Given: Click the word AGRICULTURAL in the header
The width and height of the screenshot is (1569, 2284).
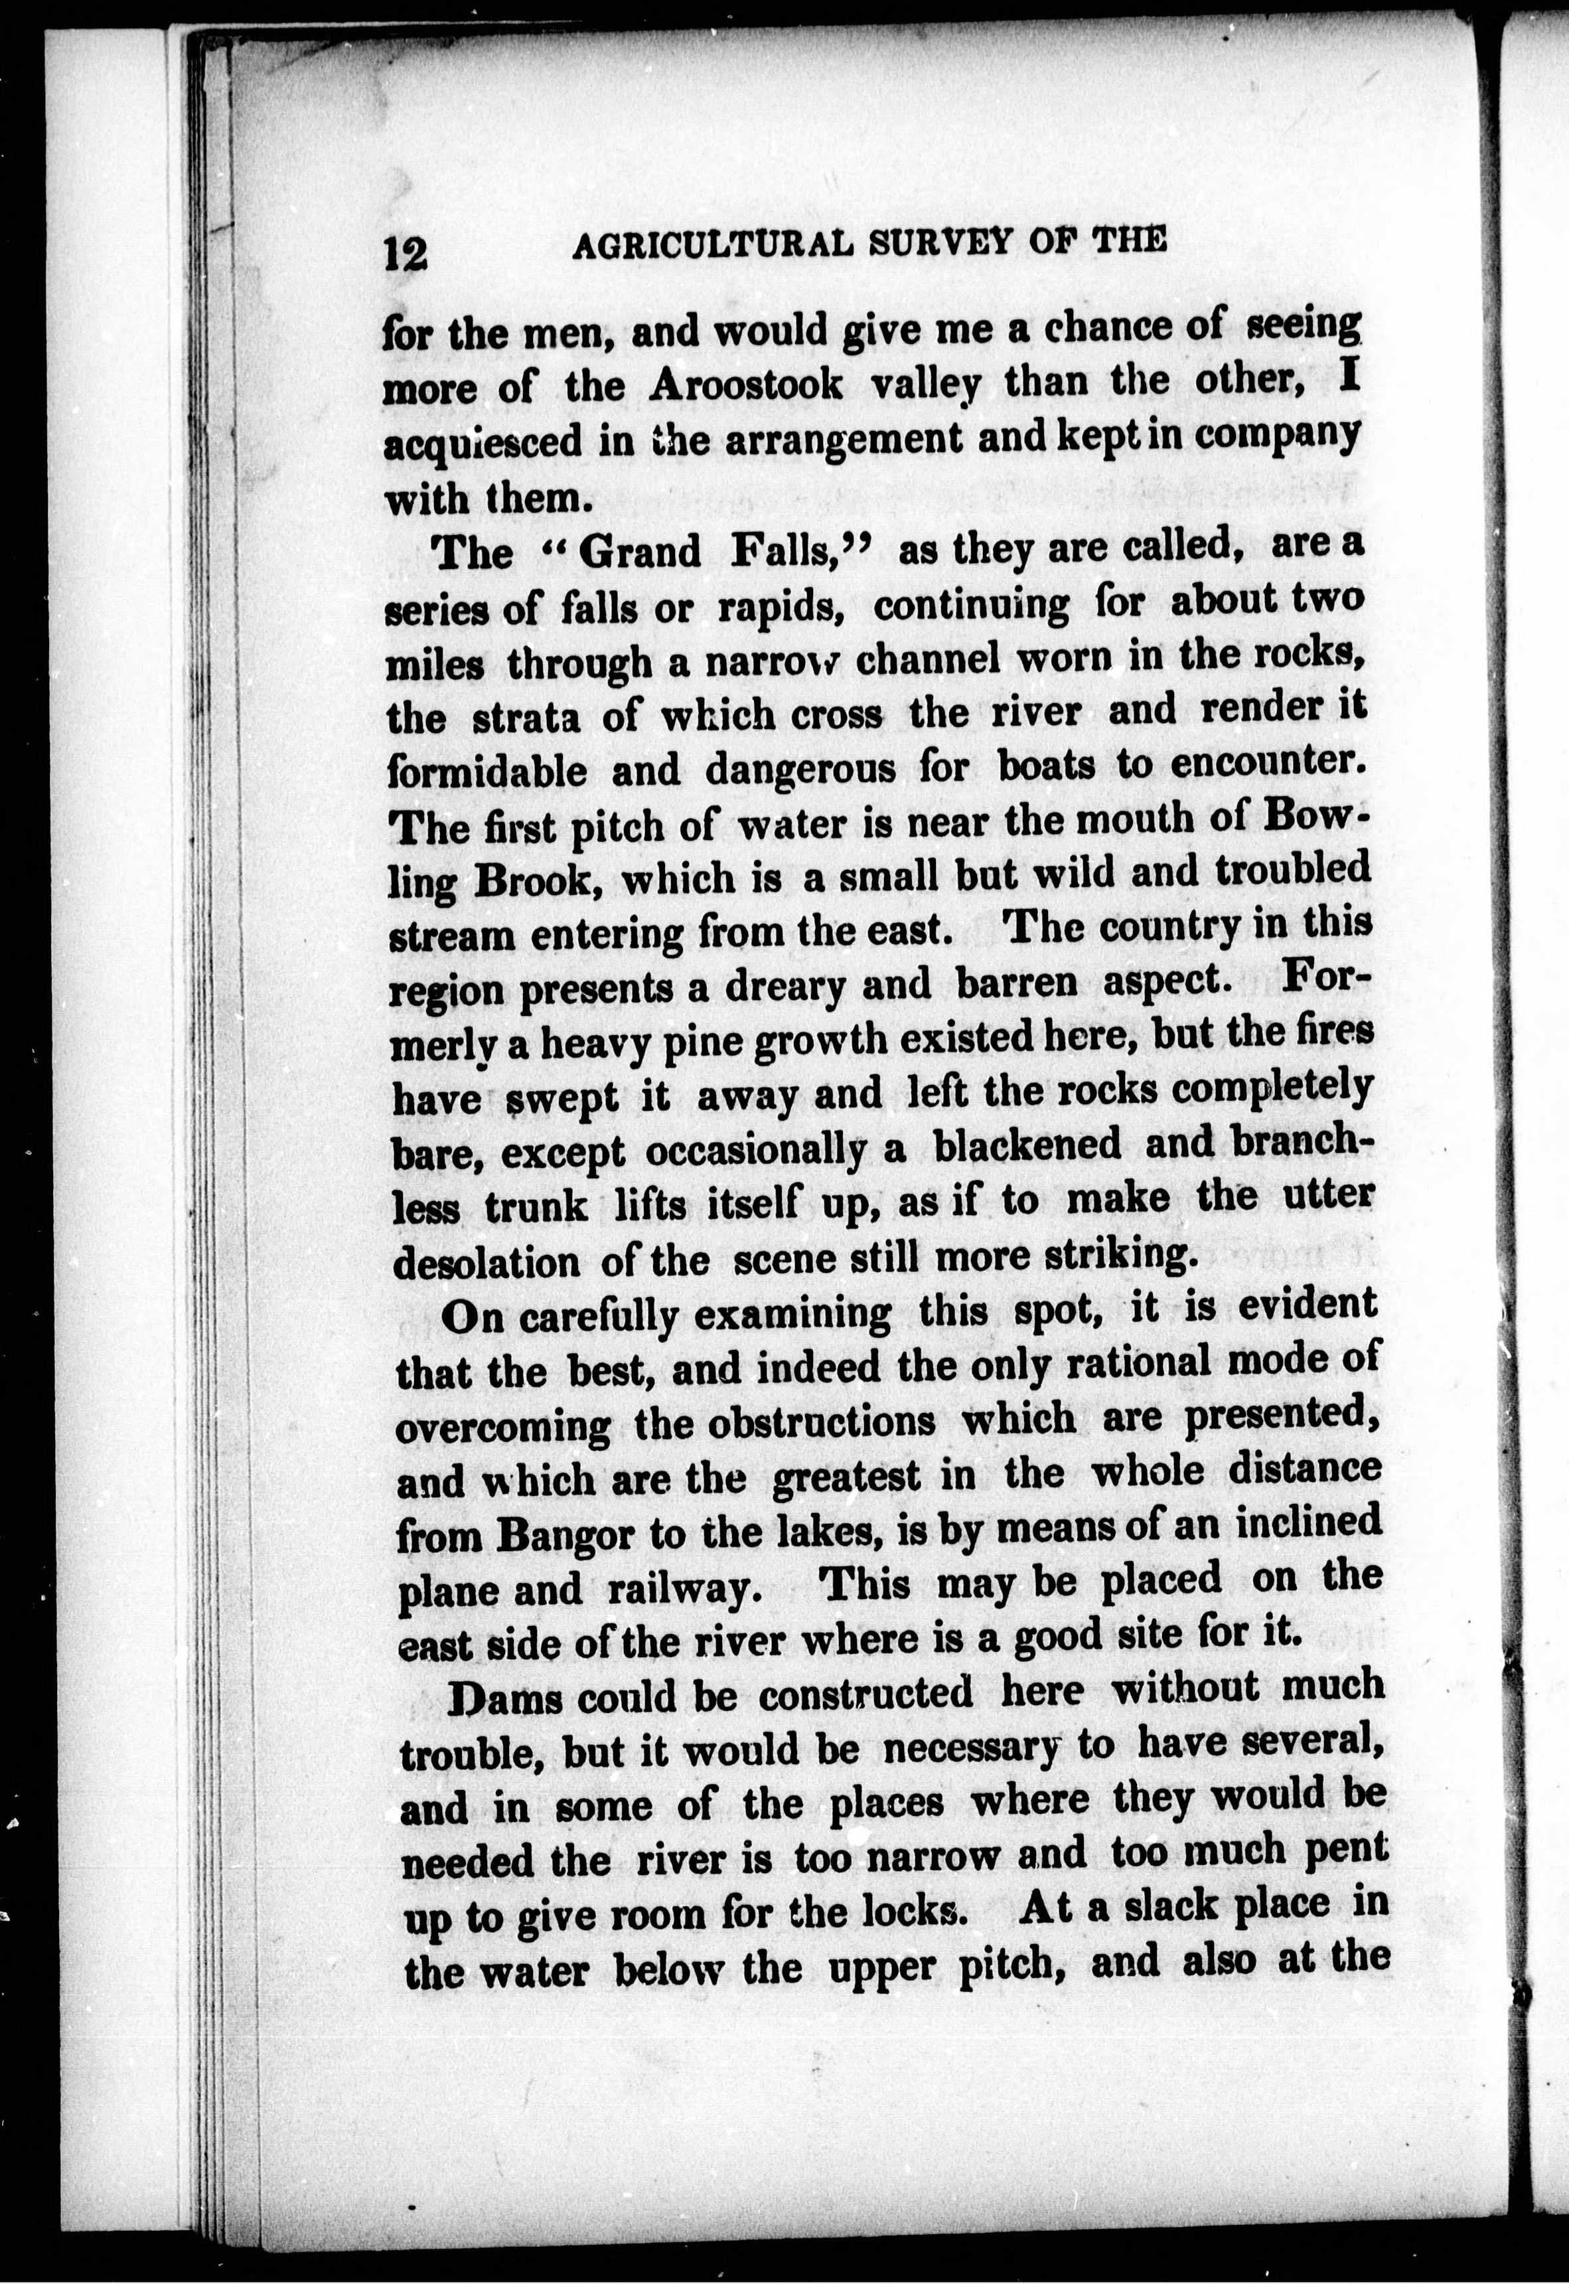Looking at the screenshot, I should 708,245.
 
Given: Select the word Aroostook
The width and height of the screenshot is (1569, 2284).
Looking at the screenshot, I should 746,384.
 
